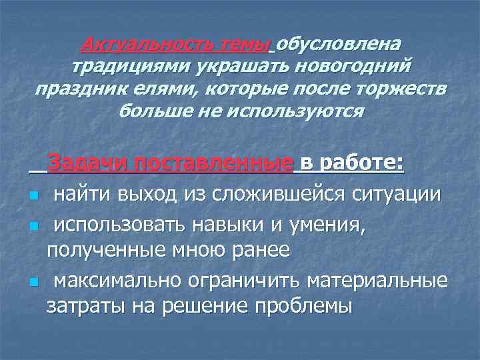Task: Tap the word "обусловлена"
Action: pyautogui.click(x=339, y=45)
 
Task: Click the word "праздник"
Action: pyautogui.click(x=77, y=89)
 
